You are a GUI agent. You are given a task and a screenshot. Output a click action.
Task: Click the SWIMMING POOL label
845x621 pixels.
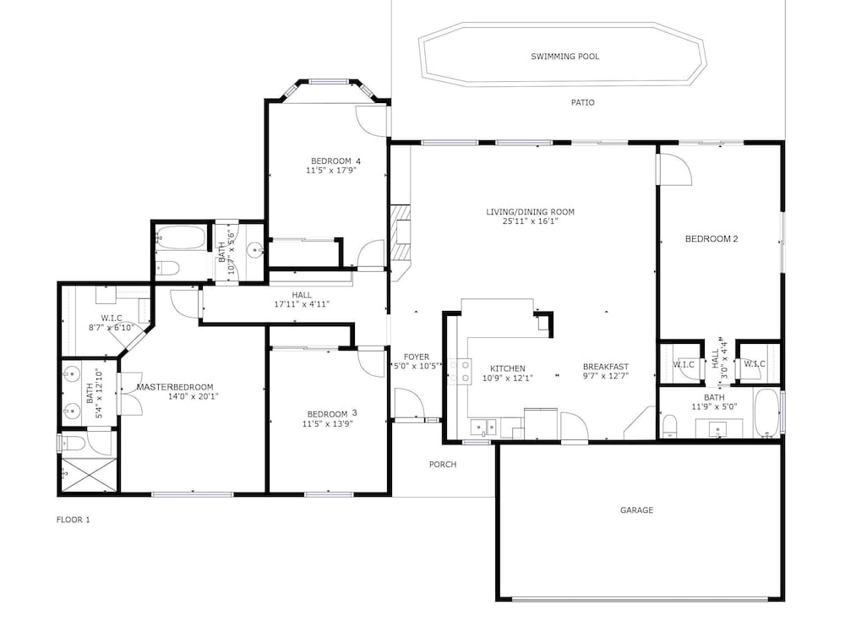[564, 56]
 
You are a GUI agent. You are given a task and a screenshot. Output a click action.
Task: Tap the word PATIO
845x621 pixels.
[582, 102]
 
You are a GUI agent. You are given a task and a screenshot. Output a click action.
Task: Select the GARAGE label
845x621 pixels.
[636, 510]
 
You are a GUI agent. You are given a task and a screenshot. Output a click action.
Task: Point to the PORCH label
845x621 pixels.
[443, 464]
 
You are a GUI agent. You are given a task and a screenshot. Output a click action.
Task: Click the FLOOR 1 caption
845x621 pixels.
[74, 520]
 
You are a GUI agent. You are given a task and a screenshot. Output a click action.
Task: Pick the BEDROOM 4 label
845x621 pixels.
[335, 161]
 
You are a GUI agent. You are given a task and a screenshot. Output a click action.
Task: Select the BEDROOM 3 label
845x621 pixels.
[332, 414]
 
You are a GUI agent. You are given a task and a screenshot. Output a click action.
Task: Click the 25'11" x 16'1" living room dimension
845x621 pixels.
[531, 221]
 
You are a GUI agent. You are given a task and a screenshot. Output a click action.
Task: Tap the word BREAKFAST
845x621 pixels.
[606, 367]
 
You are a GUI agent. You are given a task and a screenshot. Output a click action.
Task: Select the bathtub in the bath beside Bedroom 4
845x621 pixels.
[181, 237]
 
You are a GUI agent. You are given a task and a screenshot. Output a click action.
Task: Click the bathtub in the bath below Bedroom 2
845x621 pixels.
[766, 412]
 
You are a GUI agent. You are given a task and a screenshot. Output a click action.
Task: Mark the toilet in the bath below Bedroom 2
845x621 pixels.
[670, 425]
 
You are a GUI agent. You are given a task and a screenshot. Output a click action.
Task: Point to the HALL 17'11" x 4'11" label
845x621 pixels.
[302, 300]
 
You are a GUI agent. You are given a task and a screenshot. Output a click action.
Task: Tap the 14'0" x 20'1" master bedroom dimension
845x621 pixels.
[194, 397]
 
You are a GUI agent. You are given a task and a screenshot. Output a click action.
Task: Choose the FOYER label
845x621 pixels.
[417, 357]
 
